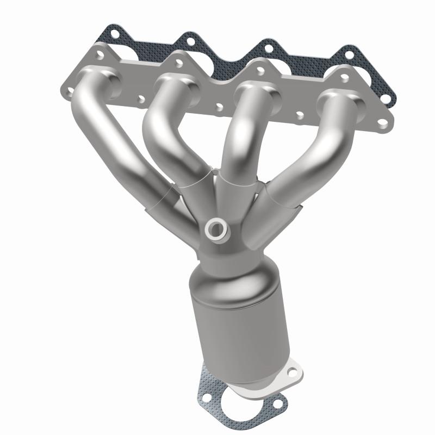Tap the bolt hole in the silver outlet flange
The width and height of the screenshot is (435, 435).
point(293,372)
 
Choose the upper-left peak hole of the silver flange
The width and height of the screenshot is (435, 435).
point(100,55)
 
